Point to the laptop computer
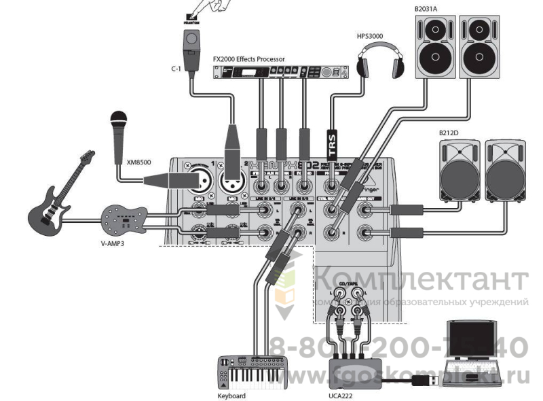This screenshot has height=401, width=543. coord(474,353)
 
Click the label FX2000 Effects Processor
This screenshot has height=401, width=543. coord(249,58)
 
